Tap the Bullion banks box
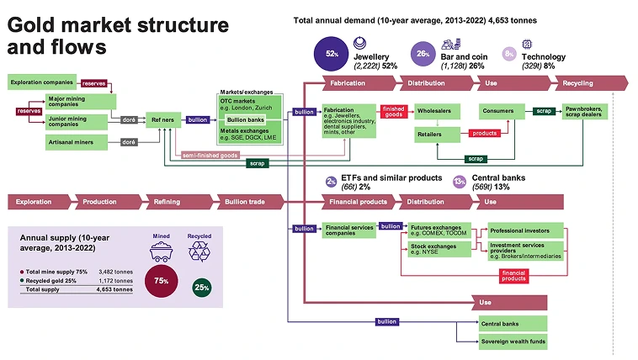246,119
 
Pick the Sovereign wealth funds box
513,341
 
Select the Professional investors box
526,229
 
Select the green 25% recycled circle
202,286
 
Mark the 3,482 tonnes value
115,272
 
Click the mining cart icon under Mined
161,252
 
